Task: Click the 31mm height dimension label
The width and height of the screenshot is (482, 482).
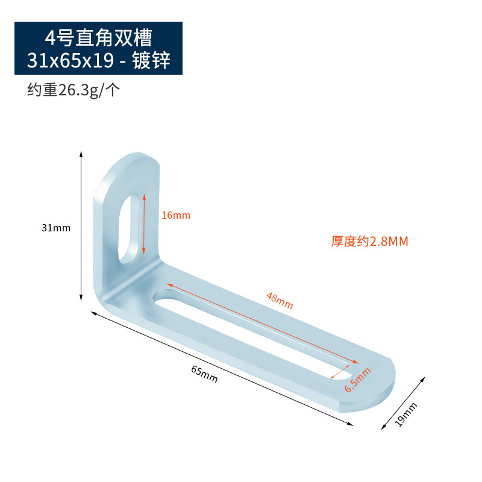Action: point(56,228)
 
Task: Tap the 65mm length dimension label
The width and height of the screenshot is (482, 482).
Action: point(204,374)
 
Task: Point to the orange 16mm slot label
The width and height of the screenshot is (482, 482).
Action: point(176,215)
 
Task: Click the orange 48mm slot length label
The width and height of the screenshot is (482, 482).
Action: point(279,300)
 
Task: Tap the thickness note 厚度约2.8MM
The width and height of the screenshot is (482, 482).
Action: point(369,242)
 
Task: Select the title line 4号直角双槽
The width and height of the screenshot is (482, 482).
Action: point(98,39)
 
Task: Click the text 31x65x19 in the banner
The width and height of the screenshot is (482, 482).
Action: point(70,61)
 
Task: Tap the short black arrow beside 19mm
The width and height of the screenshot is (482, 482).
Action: point(403,403)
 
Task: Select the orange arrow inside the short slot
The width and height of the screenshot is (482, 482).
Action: point(144,224)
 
